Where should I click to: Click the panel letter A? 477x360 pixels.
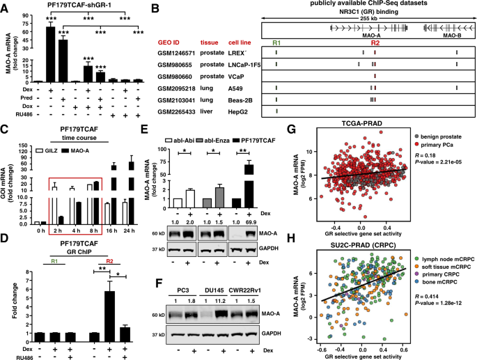point(6,6)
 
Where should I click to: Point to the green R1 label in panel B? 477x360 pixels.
point(276,43)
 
